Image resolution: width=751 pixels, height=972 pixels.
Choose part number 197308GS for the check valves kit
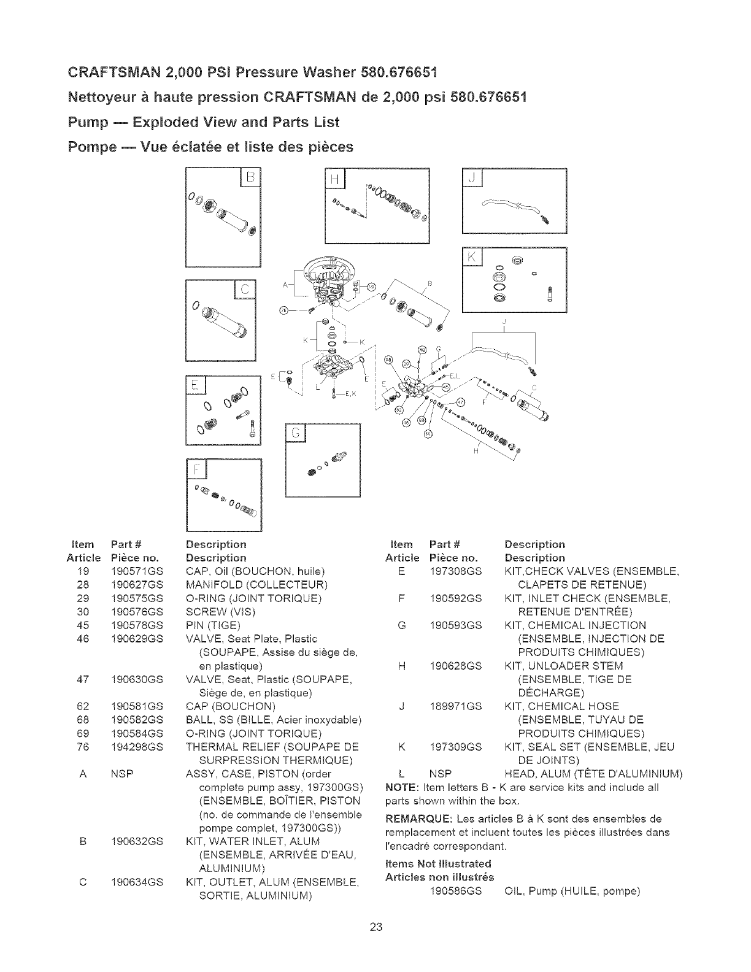(456, 571)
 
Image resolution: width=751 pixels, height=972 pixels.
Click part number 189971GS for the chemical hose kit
(456, 706)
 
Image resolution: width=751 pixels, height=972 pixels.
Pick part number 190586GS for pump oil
(456, 890)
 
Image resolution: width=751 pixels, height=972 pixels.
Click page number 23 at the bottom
(375, 927)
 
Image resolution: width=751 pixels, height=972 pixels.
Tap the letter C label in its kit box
(245, 290)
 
